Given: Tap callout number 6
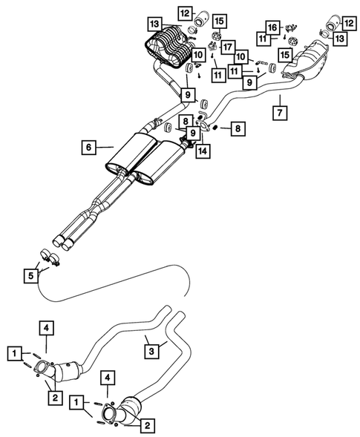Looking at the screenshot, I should point(88,148).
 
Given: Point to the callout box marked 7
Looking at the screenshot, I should point(279,114).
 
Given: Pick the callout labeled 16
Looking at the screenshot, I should point(272,27).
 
